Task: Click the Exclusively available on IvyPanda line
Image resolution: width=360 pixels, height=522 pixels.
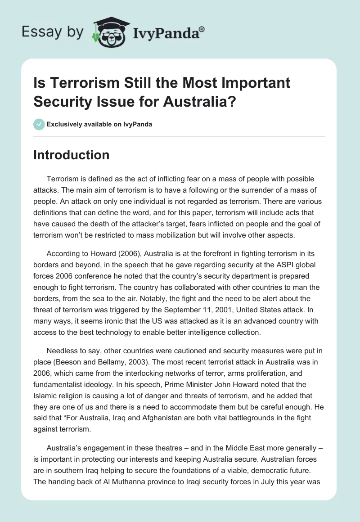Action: coord(99,124)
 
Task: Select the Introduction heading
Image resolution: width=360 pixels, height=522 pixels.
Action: coord(72,155)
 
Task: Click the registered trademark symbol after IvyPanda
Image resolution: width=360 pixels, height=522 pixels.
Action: coord(202,28)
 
